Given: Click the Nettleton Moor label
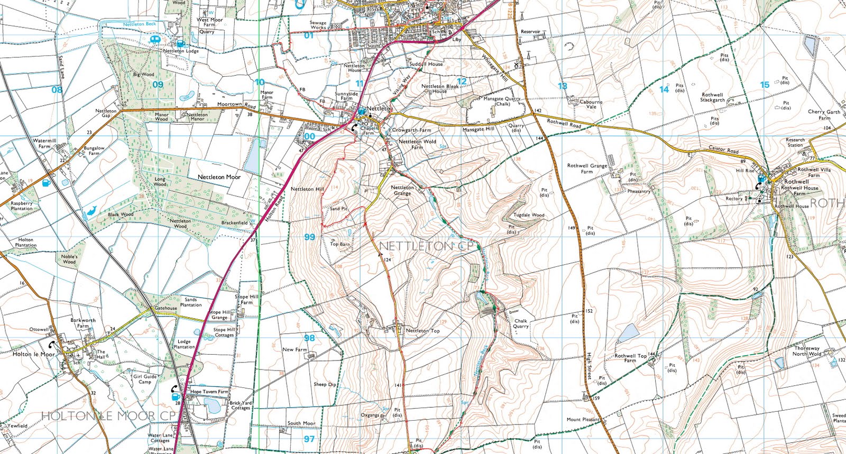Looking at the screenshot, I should click(219, 177).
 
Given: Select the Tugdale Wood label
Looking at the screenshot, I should click(529, 215).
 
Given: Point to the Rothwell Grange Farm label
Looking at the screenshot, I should click(587, 168).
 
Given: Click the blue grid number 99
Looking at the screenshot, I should click(309, 237).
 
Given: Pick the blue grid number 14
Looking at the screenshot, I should click(664, 89).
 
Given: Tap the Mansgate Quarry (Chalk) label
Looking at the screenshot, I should click(502, 101).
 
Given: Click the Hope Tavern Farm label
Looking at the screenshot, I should click(209, 392).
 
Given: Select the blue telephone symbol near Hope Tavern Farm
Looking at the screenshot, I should click(175, 391).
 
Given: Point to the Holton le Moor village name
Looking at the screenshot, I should click(34, 354).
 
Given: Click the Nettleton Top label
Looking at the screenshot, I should click(422, 331).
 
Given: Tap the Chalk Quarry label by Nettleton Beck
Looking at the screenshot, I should click(520, 323).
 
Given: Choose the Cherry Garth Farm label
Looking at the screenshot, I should click(824, 115).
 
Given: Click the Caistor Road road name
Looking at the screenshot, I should click(723, 150).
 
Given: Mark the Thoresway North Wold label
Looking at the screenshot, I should click(807, 351).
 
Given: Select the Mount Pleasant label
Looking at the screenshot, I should click(583, 420).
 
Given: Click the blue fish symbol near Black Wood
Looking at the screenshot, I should click(89, 212).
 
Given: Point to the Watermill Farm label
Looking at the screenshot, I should click(44, 143).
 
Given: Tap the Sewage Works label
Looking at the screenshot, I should click(318, 25).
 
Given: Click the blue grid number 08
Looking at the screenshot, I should click(57, 89).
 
